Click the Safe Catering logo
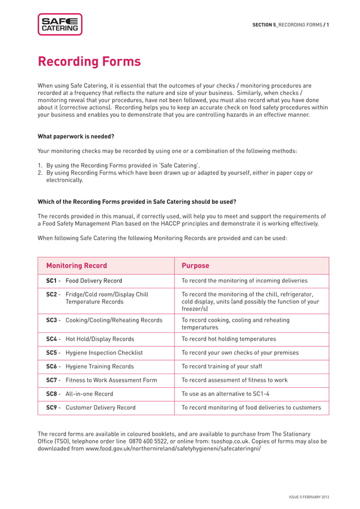60,24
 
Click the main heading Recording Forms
89,61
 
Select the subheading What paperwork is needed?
76,136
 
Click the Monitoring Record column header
76,266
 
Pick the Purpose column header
195,266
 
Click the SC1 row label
52,280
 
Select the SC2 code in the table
52,294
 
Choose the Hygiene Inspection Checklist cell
104,353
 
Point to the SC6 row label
52,366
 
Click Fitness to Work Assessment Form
111,380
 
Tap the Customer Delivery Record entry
100,407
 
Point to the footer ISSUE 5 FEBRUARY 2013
309,497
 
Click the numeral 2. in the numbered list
40,173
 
